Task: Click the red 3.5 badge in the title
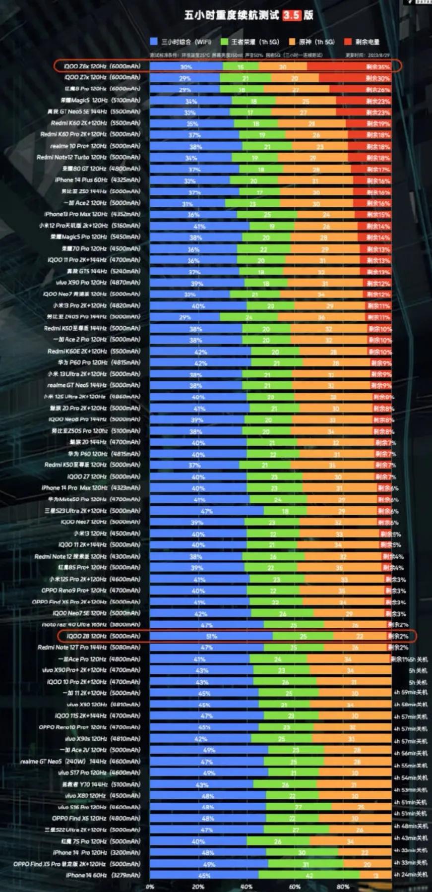click(x=292, y=15)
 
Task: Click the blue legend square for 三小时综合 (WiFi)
click(x=154, y=42)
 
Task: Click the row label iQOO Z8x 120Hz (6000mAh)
click(x=102, y=66)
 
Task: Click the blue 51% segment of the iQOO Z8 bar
click(x=211, y=636)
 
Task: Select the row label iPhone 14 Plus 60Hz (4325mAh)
click(x=98, y=180)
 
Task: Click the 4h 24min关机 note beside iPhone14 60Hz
click(x=410, y=875)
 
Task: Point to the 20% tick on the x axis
click(x=198, y=887)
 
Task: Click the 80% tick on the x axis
click(x=343, y=887)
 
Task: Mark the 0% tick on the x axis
click(x=150, y=887)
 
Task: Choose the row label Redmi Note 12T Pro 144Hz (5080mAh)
click(x=89, y=648)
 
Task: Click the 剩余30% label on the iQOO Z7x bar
click(x=377, y=78)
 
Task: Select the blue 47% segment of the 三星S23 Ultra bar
click(x=206, y=511)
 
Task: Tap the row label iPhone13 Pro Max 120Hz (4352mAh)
click(x=92, y=214)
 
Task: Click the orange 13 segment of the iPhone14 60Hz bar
click(x=375, y=876)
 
